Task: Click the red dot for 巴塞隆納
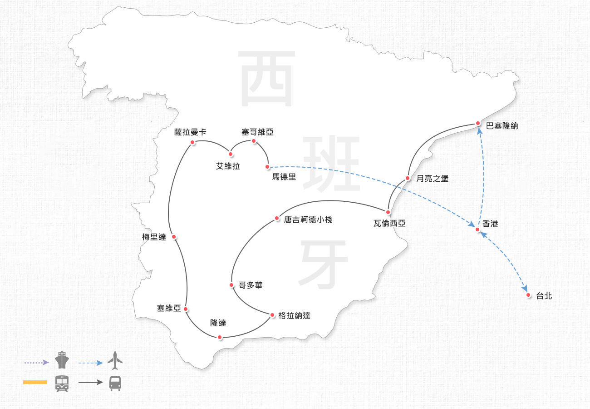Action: (x=478, y=123)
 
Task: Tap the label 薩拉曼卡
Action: (x=190, y=132)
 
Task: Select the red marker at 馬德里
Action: (x=267, y=167)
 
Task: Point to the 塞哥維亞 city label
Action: (x=257, y=132)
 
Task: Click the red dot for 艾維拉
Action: (x=231, y=154)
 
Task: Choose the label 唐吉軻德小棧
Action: (x=308, y=219)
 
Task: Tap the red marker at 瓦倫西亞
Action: (x=388, y=212)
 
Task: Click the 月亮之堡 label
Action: (x=432, y=179)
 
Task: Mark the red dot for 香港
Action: (x=477, y=229)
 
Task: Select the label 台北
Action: (x=544, y=296)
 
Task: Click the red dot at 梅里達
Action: (x=174, y=237)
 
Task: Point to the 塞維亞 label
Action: (x=169, y=309)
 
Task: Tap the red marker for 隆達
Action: (x=220, y=337)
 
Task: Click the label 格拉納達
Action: (x=294, y=315)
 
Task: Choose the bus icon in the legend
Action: (x=115, y=383)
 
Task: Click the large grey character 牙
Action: (x=324, y=265)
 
